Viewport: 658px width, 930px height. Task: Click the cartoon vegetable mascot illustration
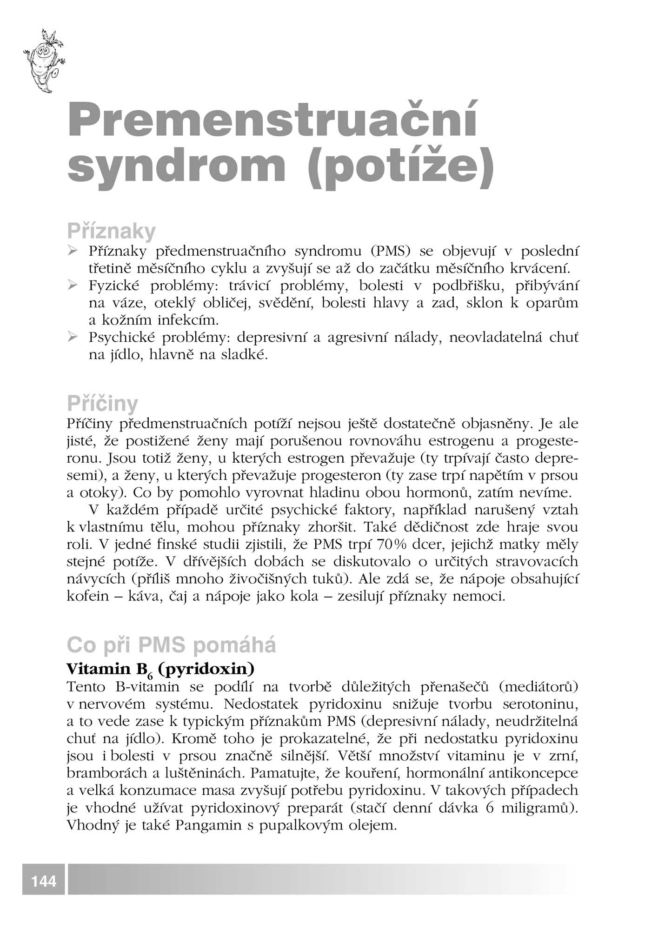43,60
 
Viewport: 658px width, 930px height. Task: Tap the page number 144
44,881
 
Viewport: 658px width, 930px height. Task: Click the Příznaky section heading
111,231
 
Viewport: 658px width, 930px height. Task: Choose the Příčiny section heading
102,404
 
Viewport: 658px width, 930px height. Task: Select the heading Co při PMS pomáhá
171,645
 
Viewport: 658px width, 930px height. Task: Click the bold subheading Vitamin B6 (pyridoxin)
160,670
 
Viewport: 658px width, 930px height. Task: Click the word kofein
87,596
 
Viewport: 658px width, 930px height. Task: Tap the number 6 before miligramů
489,808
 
